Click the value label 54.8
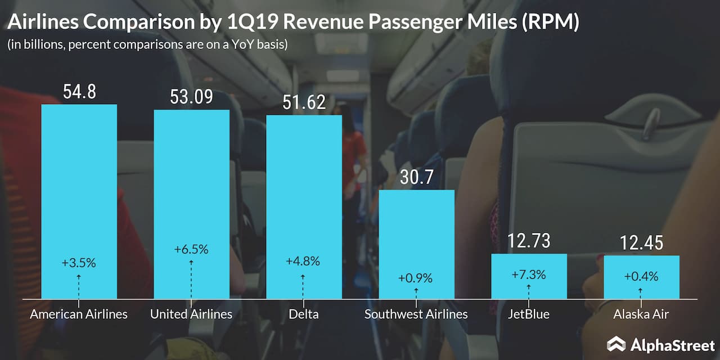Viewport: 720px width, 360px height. point(79,92)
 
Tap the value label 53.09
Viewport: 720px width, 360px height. point(191,97)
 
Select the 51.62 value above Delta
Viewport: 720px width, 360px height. point(304,103)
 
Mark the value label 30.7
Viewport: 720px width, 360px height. point(416,178)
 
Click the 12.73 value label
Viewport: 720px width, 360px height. point(529,241)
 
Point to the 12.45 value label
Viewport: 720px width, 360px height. point(641,244)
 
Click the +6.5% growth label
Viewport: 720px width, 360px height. point(191,250)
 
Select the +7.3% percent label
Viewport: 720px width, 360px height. point(529,275)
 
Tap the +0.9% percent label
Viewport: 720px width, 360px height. point(416,278)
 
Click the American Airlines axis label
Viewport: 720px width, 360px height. point(79,314)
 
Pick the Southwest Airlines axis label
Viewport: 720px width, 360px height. point(416,314)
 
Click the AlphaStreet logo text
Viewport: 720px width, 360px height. point(673,344)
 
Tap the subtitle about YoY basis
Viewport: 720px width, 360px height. point(147,44)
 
